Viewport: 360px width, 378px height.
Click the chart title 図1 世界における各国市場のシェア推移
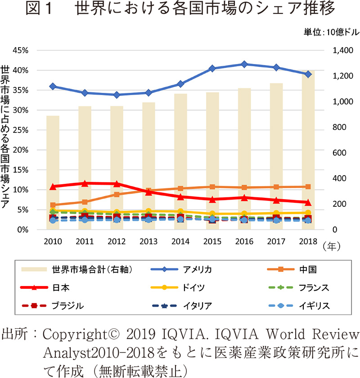click(x=180, y=10)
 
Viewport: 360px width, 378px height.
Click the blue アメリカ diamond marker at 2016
click(x=244, y=64)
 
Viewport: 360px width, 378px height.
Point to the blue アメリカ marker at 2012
click(x=117, y=95)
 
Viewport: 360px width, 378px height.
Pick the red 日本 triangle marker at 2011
click(x=85, y=183)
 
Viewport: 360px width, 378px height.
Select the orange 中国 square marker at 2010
click(x=53, y=205)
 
